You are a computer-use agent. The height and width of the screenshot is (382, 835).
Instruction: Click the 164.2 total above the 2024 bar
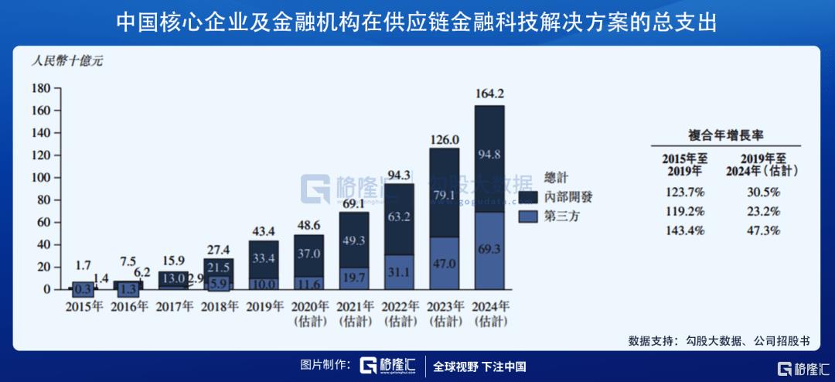tap(489, 94)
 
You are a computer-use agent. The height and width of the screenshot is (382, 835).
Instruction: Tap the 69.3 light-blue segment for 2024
tap(489, 250)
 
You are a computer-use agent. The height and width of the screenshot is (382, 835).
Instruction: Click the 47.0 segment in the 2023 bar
tap(444, 263)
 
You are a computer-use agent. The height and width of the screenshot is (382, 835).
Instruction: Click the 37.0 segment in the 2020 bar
tap(308, 254)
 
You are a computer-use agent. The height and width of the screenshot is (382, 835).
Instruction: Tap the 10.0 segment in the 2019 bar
tap(263, 284)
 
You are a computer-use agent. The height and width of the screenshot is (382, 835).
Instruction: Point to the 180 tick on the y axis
tap(41, 88)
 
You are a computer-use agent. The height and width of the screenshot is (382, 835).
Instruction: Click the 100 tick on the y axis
tap(41, 178)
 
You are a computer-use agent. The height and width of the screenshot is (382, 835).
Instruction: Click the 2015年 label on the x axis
tap(82, 306)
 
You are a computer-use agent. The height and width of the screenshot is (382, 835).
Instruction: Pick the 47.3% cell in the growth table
tap(762, 230)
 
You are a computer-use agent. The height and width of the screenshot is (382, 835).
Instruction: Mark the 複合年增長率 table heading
tap(725, 134)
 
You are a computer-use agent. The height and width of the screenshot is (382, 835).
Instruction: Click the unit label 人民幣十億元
tap(66, 61)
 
